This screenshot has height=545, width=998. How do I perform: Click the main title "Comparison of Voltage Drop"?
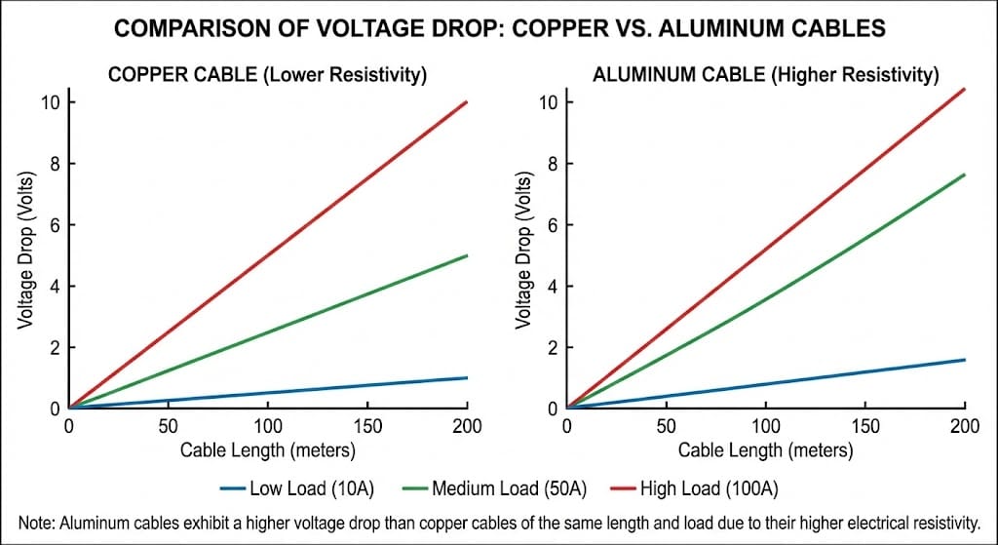pos(499,29)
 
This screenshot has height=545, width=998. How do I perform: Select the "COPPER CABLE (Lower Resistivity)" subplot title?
pos(267,75)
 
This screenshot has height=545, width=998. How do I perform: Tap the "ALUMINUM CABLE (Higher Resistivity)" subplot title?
pos(765,75)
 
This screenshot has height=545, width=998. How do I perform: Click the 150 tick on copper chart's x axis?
pos(367,427)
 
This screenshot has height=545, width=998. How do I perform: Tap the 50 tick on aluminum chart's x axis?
pos(667,427)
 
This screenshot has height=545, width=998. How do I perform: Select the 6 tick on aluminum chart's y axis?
pos(553,225)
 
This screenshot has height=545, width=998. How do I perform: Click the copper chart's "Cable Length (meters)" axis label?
pos(267,450)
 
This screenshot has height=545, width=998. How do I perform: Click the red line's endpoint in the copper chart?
pos(468,101)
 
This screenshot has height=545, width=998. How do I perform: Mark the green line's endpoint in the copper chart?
pos(468,255)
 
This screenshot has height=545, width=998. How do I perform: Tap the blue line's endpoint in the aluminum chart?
pos(965,360)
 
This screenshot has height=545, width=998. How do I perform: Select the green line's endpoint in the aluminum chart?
pos(965,175)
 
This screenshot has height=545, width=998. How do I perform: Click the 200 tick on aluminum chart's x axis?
pos(965,427)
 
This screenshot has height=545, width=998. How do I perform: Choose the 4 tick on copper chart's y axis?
pos(56,287)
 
